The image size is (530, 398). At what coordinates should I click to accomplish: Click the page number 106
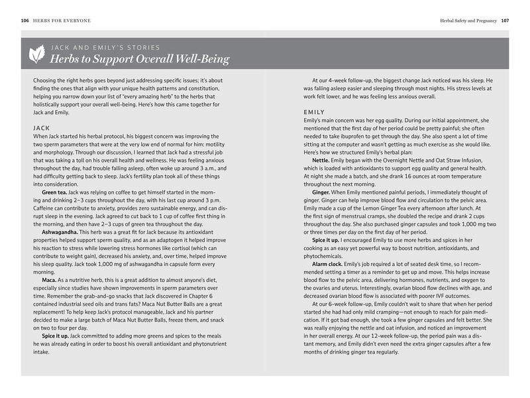25,21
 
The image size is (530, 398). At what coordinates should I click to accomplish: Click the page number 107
505,21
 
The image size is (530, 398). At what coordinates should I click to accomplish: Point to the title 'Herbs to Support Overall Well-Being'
140,60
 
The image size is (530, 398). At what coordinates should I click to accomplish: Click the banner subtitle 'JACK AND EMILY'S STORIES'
106,48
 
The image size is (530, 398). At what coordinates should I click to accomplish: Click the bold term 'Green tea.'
56,192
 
